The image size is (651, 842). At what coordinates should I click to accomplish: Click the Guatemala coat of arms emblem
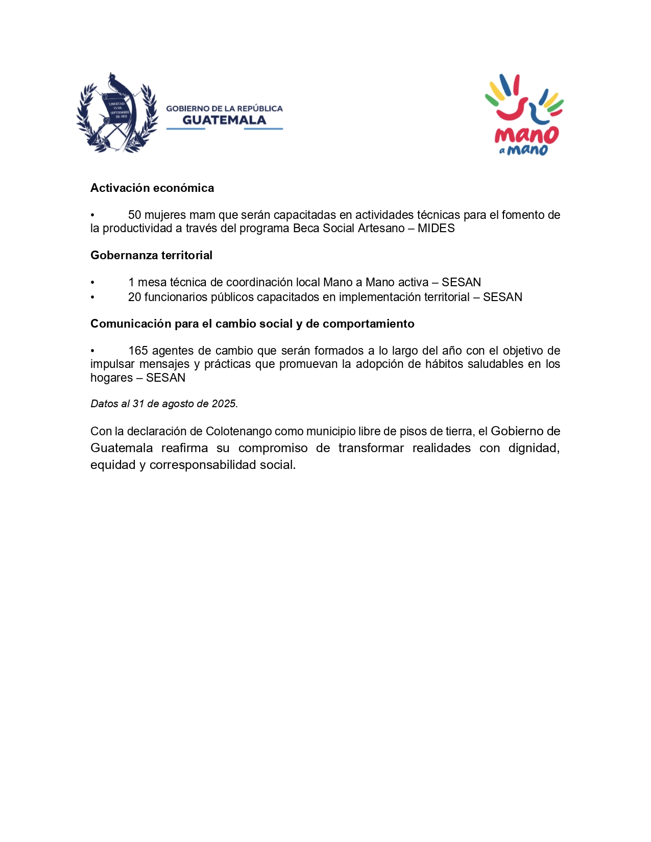coord(117,113)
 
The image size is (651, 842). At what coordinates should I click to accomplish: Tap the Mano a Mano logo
coord(524,115)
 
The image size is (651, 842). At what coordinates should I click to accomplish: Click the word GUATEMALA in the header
coord(224,120)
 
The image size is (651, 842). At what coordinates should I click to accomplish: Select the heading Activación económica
coord(152,188)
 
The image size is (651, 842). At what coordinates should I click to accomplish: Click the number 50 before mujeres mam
coord(135,215)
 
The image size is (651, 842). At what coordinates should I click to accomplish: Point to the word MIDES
coord(436,229)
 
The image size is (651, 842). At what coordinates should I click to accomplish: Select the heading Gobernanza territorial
coord(151,256)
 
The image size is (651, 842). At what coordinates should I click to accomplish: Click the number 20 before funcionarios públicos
coord(135,298)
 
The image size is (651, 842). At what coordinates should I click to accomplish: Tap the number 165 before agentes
coord(138,351)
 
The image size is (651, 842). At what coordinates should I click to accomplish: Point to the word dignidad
coord(534,449)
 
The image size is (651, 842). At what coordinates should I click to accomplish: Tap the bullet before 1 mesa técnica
coord(92,283)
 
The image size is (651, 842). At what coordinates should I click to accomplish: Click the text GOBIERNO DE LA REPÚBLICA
coord(224,109)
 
